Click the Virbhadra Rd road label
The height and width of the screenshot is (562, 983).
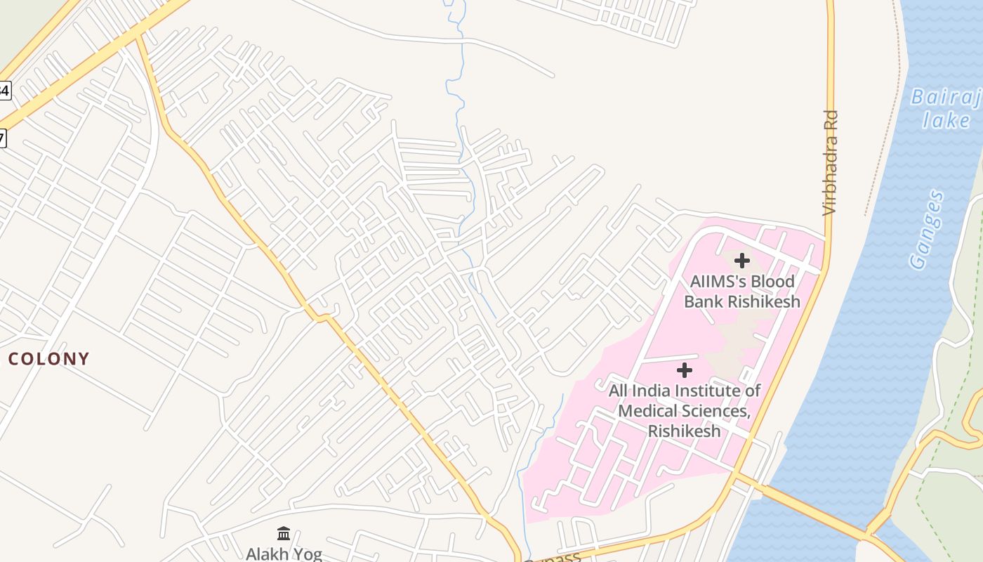(831, 162)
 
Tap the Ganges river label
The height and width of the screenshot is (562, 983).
(927, 230)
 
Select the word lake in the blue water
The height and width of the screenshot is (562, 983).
(946, 120)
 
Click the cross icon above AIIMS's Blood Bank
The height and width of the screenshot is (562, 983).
(741, 261)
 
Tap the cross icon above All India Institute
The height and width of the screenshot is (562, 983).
(685, 370)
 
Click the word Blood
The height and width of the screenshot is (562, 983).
(773, 282)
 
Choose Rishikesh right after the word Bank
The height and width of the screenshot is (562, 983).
(764, 302)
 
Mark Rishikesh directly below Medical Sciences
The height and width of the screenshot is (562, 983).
(684, 431)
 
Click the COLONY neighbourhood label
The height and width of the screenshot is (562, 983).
(48, 359)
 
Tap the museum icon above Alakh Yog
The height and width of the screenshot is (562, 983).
(284, 534)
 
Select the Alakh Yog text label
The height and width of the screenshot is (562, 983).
(284, 554)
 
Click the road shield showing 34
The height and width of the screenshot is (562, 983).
(5, 90)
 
